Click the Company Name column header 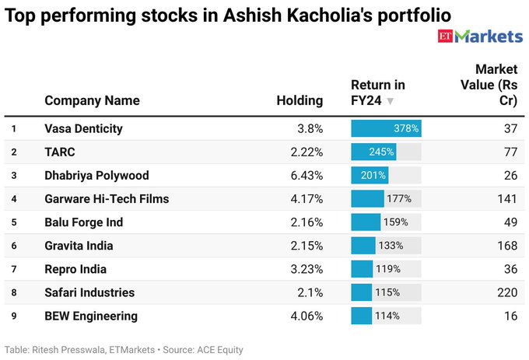92,100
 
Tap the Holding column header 300,100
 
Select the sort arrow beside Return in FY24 391,101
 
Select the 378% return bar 386,128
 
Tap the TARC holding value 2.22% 306,152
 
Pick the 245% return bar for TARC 373,152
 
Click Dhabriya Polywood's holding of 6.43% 306,175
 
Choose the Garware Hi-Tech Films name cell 107,198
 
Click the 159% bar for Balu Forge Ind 366,222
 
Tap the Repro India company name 75,269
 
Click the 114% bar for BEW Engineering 362,316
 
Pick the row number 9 14,316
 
